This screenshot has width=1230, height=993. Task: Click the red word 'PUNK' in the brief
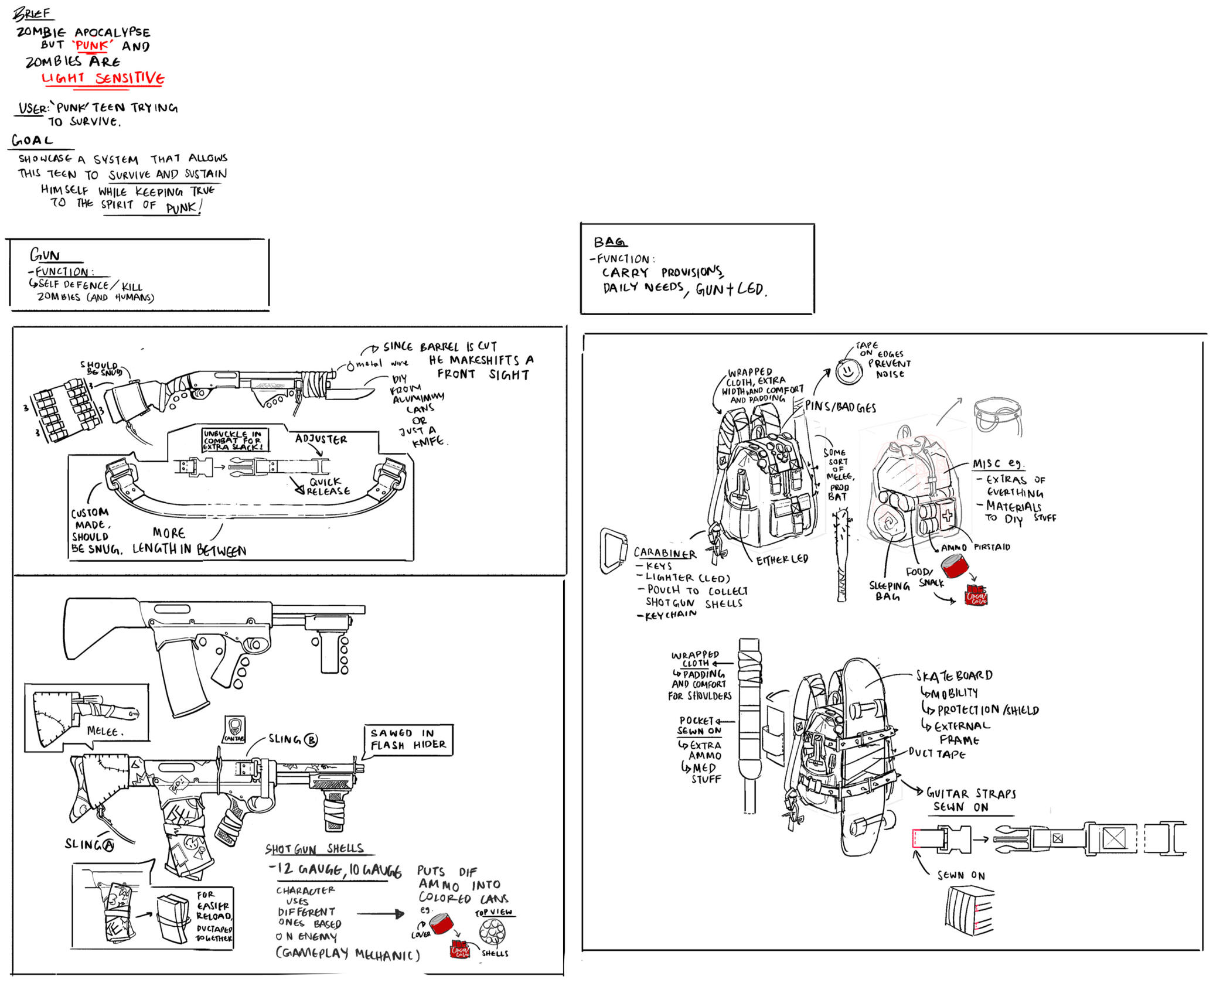pyautogui.click(x=92, y=46)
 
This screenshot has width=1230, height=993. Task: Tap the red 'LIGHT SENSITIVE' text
pyautogui.click(x=103, y=78)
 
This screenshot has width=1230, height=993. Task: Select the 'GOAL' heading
pyautogui.click(x=33, y=141)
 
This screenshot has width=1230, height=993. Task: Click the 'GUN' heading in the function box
pyautogui.click(x=45, y=255)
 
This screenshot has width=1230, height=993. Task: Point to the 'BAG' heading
pyautogui.click(x=609, y=242)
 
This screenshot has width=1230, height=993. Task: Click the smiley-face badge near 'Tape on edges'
pyautogui.click(x=848, y=371)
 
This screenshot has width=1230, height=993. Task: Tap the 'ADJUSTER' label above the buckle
pyautogui.click(x=321, y=439)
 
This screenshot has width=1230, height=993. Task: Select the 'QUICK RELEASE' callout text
pyautogui.click(x=328, y=486)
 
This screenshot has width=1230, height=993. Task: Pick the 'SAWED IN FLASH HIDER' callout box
pyautogui.click(x=408, y=739)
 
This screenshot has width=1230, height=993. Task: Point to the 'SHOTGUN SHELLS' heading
pyautogui.click(x=314, y=849)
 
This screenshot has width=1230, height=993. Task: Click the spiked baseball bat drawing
pyautogui.click(x=841, y=554)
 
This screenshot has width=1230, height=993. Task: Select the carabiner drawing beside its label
pyautogui.click(x=613, y=551)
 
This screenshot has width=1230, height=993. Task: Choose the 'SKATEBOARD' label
pyautogui.click(x=954, y=675)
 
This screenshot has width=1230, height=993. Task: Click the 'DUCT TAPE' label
pyautogui.click(x=936, y=754)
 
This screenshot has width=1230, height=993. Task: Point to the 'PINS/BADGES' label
pyautogui.click(x=840, y=407)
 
